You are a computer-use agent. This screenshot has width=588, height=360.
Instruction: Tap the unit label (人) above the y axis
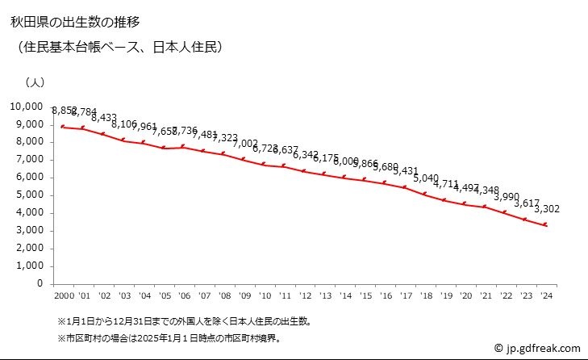35,82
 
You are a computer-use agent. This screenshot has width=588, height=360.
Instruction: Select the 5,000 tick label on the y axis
29,195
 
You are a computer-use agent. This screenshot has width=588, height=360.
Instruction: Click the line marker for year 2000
62,127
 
